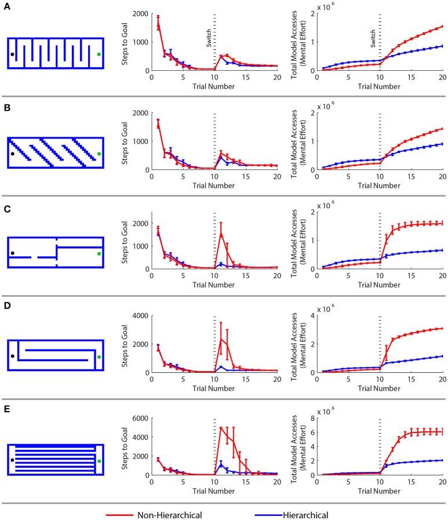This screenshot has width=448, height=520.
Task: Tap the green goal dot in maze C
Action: (x=99, y=253)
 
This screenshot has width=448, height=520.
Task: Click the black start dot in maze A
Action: (x=12, y=54)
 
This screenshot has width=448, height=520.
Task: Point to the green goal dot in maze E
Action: (x=99, y=461)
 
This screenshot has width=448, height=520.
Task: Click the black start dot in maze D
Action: (x=12, y=357)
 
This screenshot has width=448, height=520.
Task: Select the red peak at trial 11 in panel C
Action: (x=221, y=233)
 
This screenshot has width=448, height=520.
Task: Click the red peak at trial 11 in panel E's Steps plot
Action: (x=221, y=428)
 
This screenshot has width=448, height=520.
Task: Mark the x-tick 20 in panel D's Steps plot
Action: (x=276, y=379)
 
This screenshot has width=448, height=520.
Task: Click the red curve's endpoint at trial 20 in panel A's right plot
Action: (x=442, y=26)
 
